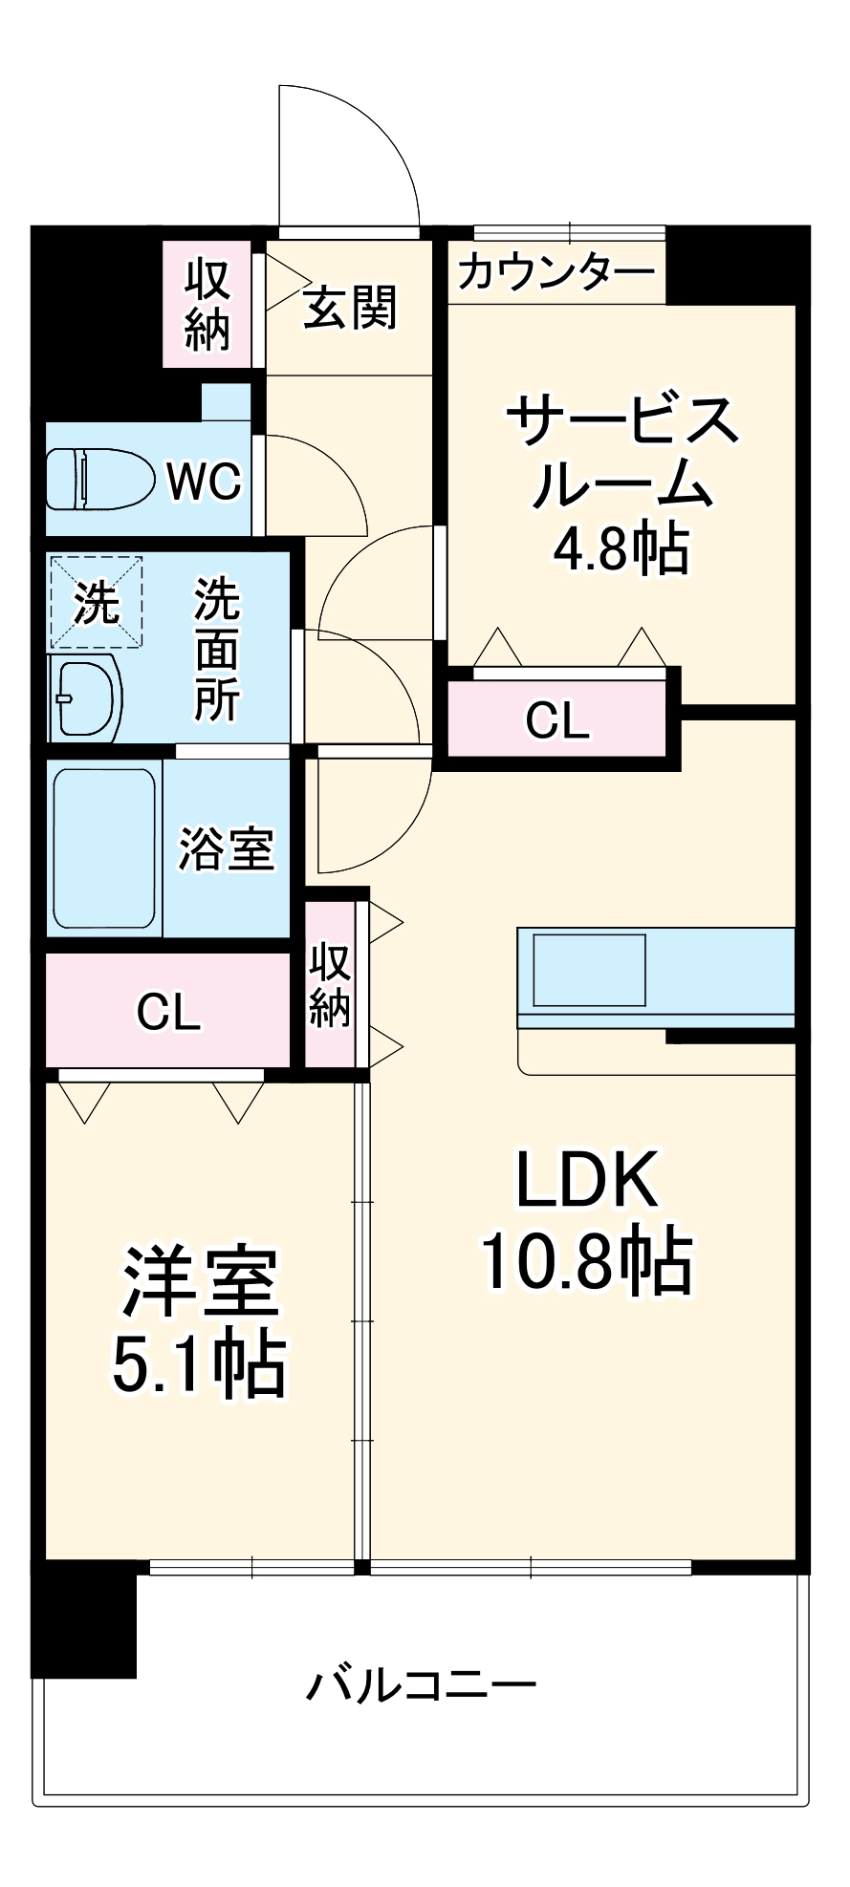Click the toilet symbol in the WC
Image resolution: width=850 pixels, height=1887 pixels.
point(99,479)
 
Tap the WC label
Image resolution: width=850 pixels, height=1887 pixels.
point(204,481)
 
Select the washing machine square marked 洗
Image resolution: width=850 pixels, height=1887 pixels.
point(96,603)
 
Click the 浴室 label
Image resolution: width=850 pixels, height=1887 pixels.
point(227,848)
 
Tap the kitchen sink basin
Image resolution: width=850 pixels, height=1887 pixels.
point(589,970)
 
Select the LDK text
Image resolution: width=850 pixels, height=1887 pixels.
point(586,1181)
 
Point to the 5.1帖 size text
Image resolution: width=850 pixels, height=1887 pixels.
point(199,1363)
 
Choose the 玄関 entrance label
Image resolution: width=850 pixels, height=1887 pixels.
point(349,308)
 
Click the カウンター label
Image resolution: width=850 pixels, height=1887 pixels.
point(556,273)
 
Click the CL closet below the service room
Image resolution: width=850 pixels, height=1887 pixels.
point(557,720)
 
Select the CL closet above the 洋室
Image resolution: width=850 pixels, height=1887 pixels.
point(168,1012)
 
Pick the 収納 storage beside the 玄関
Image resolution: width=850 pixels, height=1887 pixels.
point(207,305)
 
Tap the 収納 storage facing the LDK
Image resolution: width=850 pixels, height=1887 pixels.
point(329,985)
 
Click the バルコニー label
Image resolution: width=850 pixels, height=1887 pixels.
point(421,1684)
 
